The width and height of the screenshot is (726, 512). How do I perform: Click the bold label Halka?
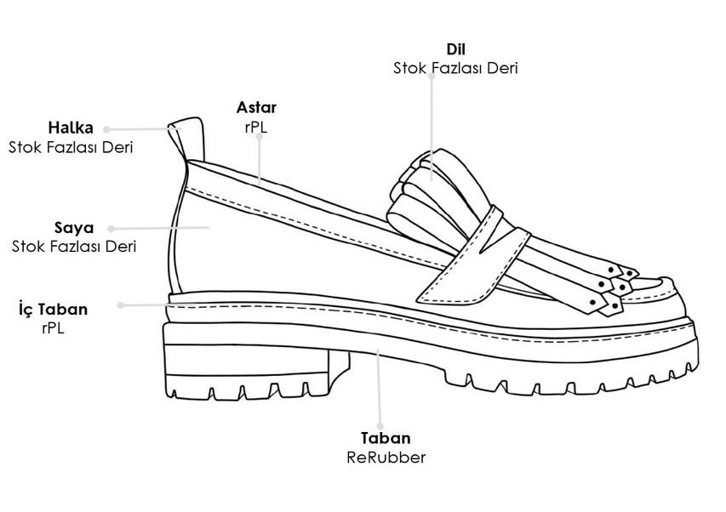click(71, 128)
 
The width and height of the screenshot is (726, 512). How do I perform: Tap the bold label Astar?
click(256, 107)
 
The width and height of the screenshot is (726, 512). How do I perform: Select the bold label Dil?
click(456, 49)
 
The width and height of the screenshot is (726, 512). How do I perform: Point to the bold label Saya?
click(74, 228)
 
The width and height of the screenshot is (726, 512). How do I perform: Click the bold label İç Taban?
click(54, 309)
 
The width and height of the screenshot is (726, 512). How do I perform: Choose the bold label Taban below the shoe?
click(386, 438)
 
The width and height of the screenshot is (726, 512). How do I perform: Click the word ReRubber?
click(386, 458)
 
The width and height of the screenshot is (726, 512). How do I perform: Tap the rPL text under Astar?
click(256, 127)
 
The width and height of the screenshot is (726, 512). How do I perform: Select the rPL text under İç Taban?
click(53, 328)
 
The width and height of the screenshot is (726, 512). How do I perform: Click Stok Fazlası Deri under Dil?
click(455, 68)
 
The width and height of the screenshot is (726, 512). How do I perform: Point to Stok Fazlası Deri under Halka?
click(71, 147)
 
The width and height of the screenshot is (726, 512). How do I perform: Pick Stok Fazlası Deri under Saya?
click(74, 247)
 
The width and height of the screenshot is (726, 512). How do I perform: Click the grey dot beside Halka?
click(106, 129)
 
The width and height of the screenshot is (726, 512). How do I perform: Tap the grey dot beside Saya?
click(111, 229)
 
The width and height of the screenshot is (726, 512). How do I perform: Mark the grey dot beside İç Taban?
click(120, 305)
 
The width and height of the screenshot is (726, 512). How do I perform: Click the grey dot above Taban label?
click(380, 426)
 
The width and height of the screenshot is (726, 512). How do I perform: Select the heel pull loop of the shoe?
click(186, 139)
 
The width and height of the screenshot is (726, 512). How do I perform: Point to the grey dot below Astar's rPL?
click(260, 137)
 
